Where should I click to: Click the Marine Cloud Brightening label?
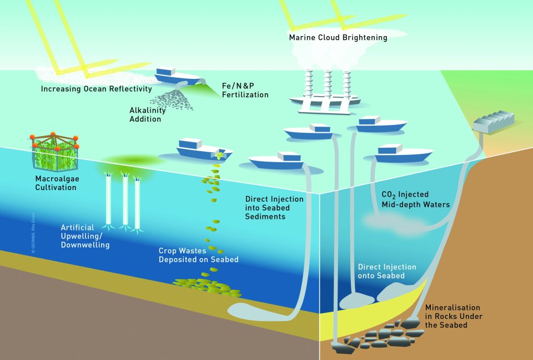[338, 38]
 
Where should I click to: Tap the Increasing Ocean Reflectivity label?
[96, 89]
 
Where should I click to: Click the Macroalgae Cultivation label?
[56, 183]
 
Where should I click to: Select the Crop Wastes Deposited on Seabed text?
[198, 255]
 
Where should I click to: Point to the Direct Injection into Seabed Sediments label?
[274, 208]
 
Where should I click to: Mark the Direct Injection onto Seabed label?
[387, 271]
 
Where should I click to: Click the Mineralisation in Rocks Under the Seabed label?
[453, 316]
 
